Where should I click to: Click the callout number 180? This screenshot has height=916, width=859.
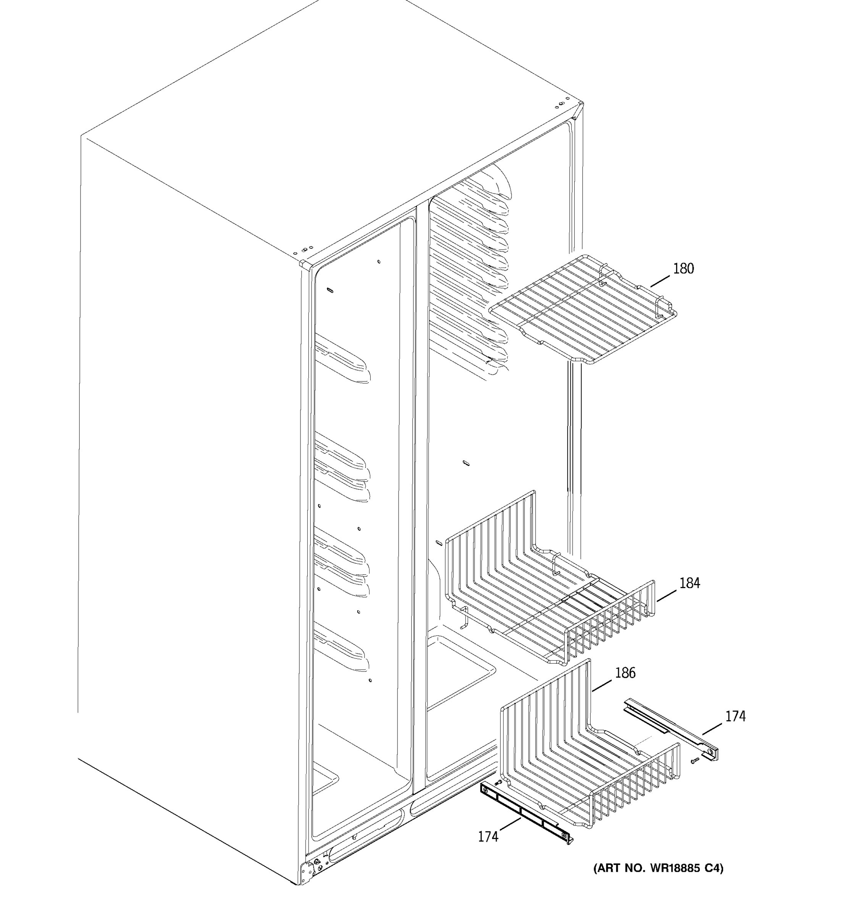(683, 269)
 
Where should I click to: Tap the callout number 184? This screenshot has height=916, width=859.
(689, 583)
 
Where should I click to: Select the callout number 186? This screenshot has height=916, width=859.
(625, 673)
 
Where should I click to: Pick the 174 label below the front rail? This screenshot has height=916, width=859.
(488, 836)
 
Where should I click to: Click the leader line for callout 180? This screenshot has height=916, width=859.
(660, 281)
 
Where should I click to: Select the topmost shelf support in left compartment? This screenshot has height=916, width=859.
(341, 360)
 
